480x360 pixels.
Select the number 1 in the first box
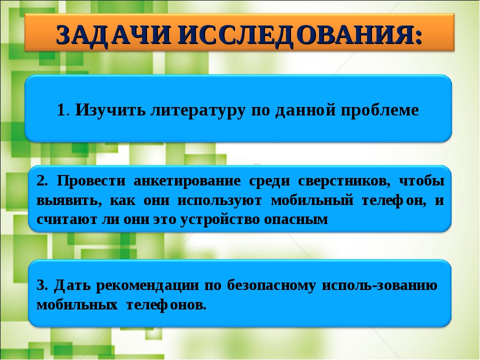pos(61,110)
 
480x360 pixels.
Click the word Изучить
pos(110,110)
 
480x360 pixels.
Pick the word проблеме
pos(379,110)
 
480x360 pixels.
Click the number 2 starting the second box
pos(41,181)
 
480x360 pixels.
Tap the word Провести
pos(91,180)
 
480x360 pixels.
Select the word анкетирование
pos(187,181)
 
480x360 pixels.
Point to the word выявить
pos(67,201)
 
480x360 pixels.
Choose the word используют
pos(219,201)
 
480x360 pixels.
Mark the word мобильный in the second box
pos(312,200)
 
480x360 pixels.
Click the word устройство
pos(219,220)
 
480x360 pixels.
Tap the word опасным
pos(295,220)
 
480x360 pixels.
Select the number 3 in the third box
pos(40,285)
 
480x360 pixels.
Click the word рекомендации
pos(147,286)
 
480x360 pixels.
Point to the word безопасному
pos(271,286)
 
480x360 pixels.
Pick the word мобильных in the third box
pos(77,305)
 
